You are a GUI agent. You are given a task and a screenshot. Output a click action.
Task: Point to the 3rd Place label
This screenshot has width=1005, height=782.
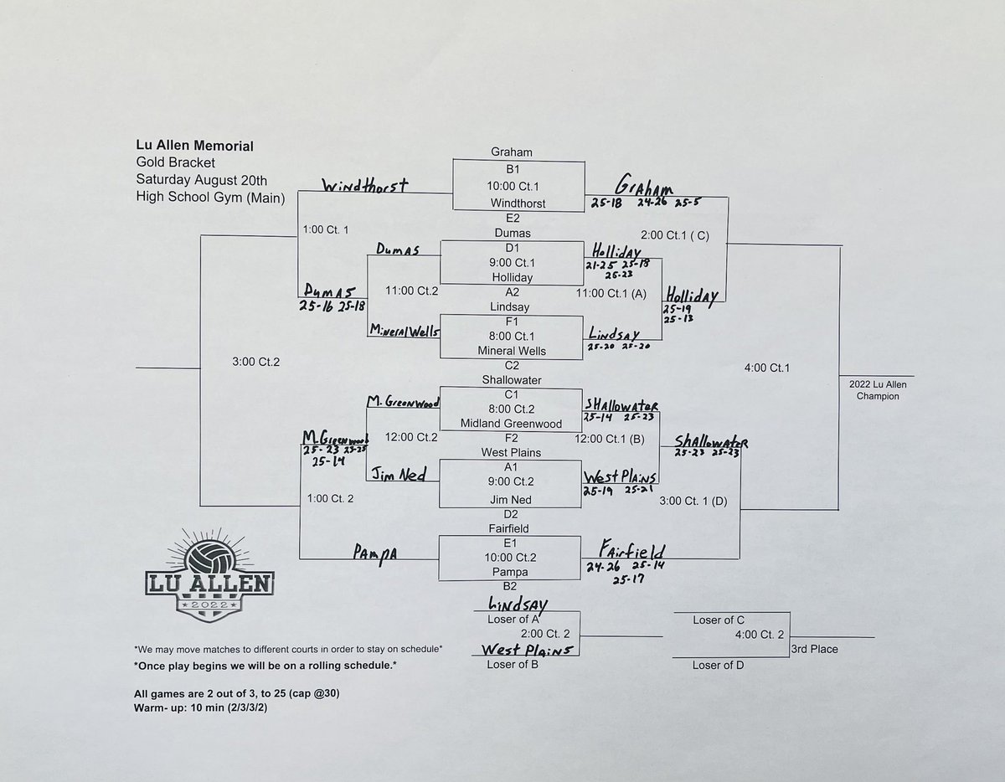(x=814, y=649)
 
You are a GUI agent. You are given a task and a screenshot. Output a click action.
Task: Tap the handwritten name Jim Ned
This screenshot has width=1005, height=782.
(x=399, y=476)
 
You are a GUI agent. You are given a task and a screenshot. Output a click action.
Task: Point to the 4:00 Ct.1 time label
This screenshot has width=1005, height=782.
(x=766, y=367)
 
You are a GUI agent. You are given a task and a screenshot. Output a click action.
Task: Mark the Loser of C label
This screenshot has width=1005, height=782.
(x=719, y=620)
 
